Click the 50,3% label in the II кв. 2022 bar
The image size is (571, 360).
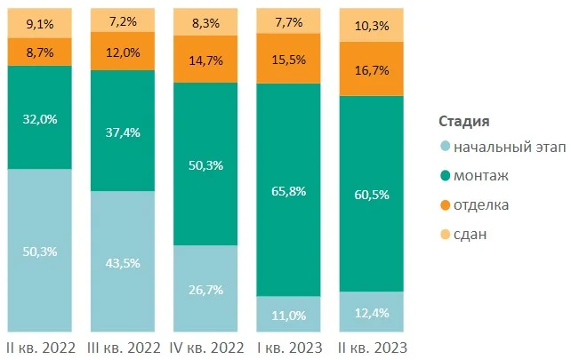[40, 252]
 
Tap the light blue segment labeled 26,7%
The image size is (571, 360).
[205, 289]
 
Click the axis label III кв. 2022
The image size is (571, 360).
[124, 346]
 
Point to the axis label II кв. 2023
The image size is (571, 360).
[373, 346]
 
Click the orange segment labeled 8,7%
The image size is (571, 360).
[40, 52]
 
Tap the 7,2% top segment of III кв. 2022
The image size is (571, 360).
[124, 19]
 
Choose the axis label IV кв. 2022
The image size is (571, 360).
[205, 346]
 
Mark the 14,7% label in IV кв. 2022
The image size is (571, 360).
[205, 60]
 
